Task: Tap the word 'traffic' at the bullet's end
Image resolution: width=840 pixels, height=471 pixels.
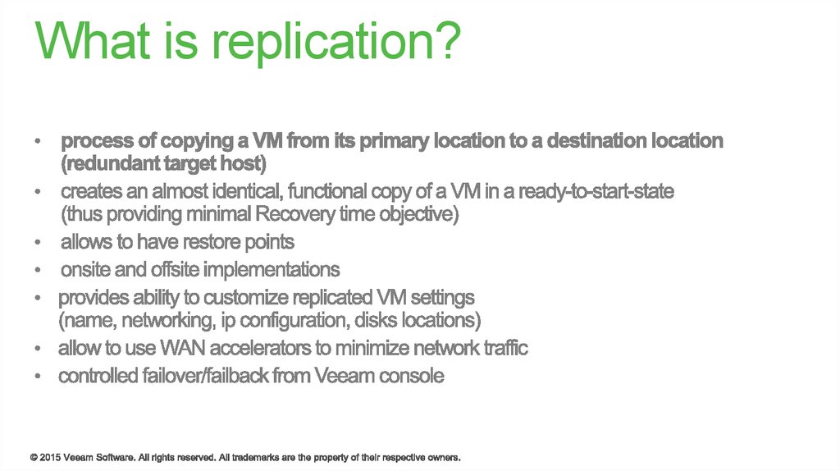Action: (x=502, y=348)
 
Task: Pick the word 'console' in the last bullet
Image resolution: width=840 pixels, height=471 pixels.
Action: (x=413, y=376)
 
